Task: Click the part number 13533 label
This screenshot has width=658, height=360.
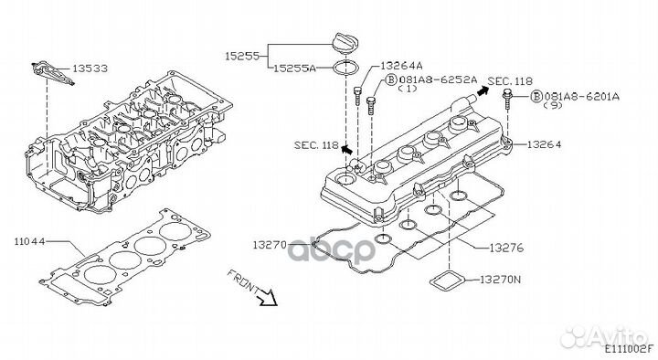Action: click(x=90, y=68)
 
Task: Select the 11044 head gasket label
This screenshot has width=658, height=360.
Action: click(x=30, y=242)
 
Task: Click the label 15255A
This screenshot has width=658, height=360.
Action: click(x=294, y=68)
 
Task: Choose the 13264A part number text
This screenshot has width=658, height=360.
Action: click(x=401, y=66)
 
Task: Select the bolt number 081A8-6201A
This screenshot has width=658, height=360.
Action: click(x=581, y=96)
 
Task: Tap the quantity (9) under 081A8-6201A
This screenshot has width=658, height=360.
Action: click(x=553, y=105)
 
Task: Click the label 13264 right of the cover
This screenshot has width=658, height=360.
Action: click(x=544, y=144)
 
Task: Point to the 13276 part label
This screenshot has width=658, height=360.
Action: click(x=506, y=248)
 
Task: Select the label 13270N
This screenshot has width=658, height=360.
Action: click(x=500, y=279)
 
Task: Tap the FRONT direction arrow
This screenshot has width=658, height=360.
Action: click(x=267, y=297)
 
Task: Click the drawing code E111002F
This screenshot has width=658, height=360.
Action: click(x=629, y=348)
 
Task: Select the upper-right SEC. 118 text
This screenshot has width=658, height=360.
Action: click(x=510, y=81)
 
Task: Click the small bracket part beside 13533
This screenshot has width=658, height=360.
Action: click(x=52, y=72)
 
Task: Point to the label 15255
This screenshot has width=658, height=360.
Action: click(x=242, y=56)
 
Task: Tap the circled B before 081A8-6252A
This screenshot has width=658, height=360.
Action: click(x=391, y=79)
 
